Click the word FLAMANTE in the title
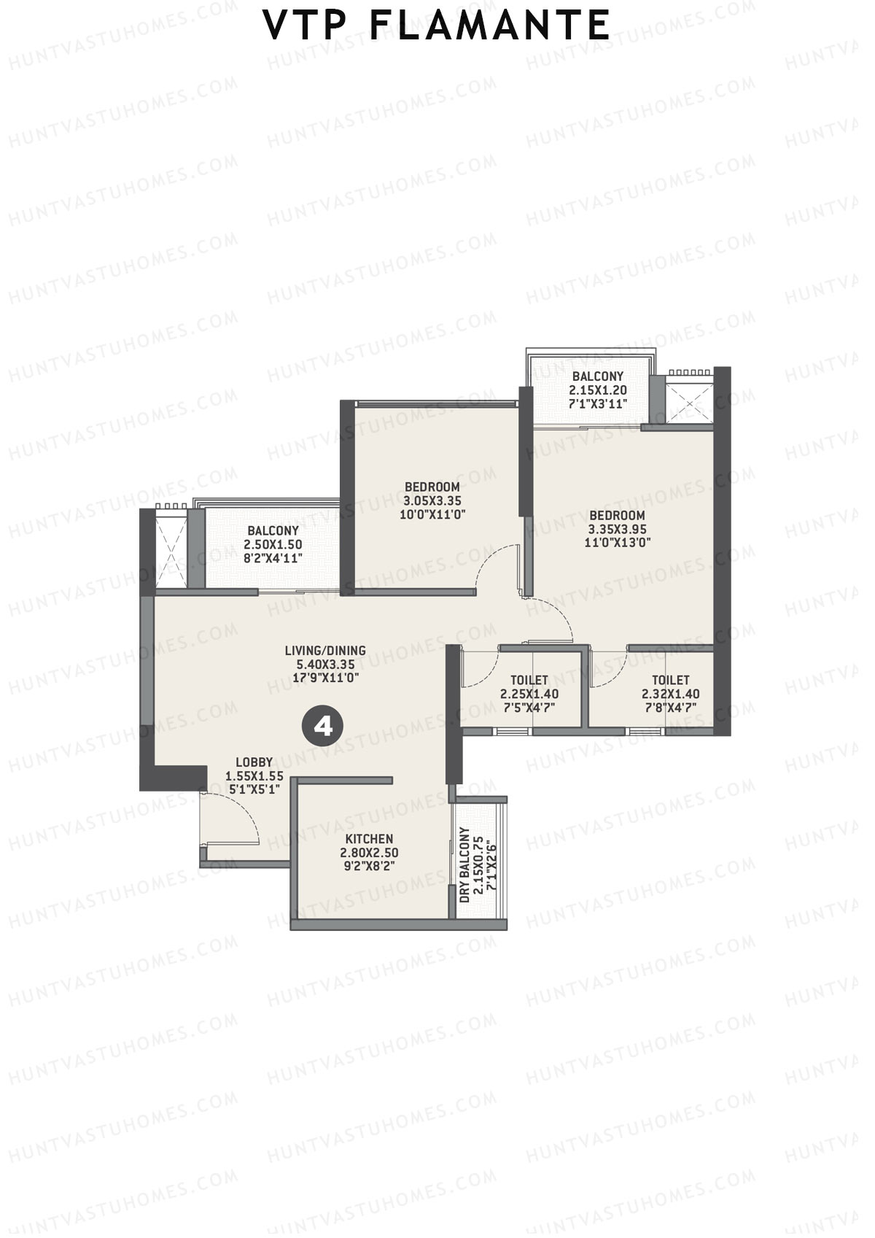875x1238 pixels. coord(490,26)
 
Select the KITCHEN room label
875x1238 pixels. coord(369,839)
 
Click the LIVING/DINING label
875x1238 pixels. coord(325,651)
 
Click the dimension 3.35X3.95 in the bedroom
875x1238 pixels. coord(617,530)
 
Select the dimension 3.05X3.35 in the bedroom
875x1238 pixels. coord(432,501)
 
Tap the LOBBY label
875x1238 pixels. coord(254,763)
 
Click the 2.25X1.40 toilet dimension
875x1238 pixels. coord(529,694)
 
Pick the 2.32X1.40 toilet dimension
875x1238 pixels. coord(670,694)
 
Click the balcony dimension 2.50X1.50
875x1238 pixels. coord(273,544)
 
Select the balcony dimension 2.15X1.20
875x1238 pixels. coord(598,390)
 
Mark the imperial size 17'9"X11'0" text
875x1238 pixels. coord(325,678)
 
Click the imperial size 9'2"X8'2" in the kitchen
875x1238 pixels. coord(369,866)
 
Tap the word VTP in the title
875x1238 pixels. coord(307,26)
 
